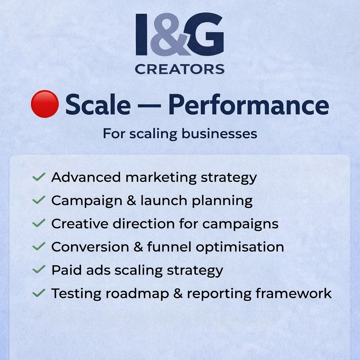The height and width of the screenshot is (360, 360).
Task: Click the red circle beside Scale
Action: tap(44, 104)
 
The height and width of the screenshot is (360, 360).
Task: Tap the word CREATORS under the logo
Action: tap(180, 69)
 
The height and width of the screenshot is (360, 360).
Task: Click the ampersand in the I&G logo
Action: tap(171, 35)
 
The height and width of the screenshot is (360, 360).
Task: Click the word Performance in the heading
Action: tap(249, 105)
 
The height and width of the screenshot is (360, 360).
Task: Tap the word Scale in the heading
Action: tap(98, 104)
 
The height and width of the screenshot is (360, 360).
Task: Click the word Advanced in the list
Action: tap(86, 177)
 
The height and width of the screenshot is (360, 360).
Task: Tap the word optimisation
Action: tap(240, 247)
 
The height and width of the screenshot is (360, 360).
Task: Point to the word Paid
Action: tap(64, 270)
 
